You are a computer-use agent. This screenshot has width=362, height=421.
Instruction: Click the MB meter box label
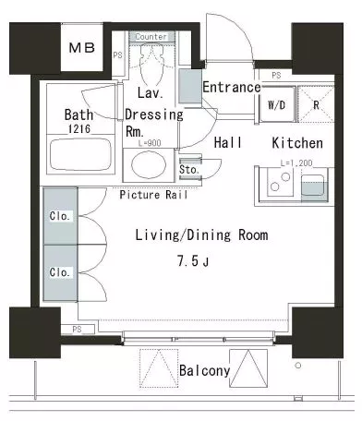82,48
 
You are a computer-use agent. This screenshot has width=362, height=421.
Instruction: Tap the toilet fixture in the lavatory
151,64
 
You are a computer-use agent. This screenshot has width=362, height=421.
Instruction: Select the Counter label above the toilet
151,37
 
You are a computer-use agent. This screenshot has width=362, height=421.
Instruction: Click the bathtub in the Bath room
80,155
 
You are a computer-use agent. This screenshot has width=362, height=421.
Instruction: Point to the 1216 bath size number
79,128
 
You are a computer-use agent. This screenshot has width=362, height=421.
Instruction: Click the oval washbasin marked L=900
149,164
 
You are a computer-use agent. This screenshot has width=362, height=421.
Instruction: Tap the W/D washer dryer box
277,104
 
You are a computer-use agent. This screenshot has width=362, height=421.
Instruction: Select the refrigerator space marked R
316,104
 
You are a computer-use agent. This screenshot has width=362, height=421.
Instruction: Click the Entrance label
232,87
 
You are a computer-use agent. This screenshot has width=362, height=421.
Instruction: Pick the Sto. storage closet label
189,169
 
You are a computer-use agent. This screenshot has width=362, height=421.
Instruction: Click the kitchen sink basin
312,186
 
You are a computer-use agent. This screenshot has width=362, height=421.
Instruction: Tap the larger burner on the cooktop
285,177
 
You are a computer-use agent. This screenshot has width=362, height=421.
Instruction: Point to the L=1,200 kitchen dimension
296,163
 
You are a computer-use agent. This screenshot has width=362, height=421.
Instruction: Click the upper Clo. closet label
59,216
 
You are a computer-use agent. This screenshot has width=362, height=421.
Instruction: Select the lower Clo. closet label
59,272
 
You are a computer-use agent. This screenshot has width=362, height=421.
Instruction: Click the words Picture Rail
153,195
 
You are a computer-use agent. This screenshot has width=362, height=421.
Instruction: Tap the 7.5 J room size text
193,261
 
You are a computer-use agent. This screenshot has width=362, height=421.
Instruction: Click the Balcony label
204,370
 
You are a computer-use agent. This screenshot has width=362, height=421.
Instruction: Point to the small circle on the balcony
297,366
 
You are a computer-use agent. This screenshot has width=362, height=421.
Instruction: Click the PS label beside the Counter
117,55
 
